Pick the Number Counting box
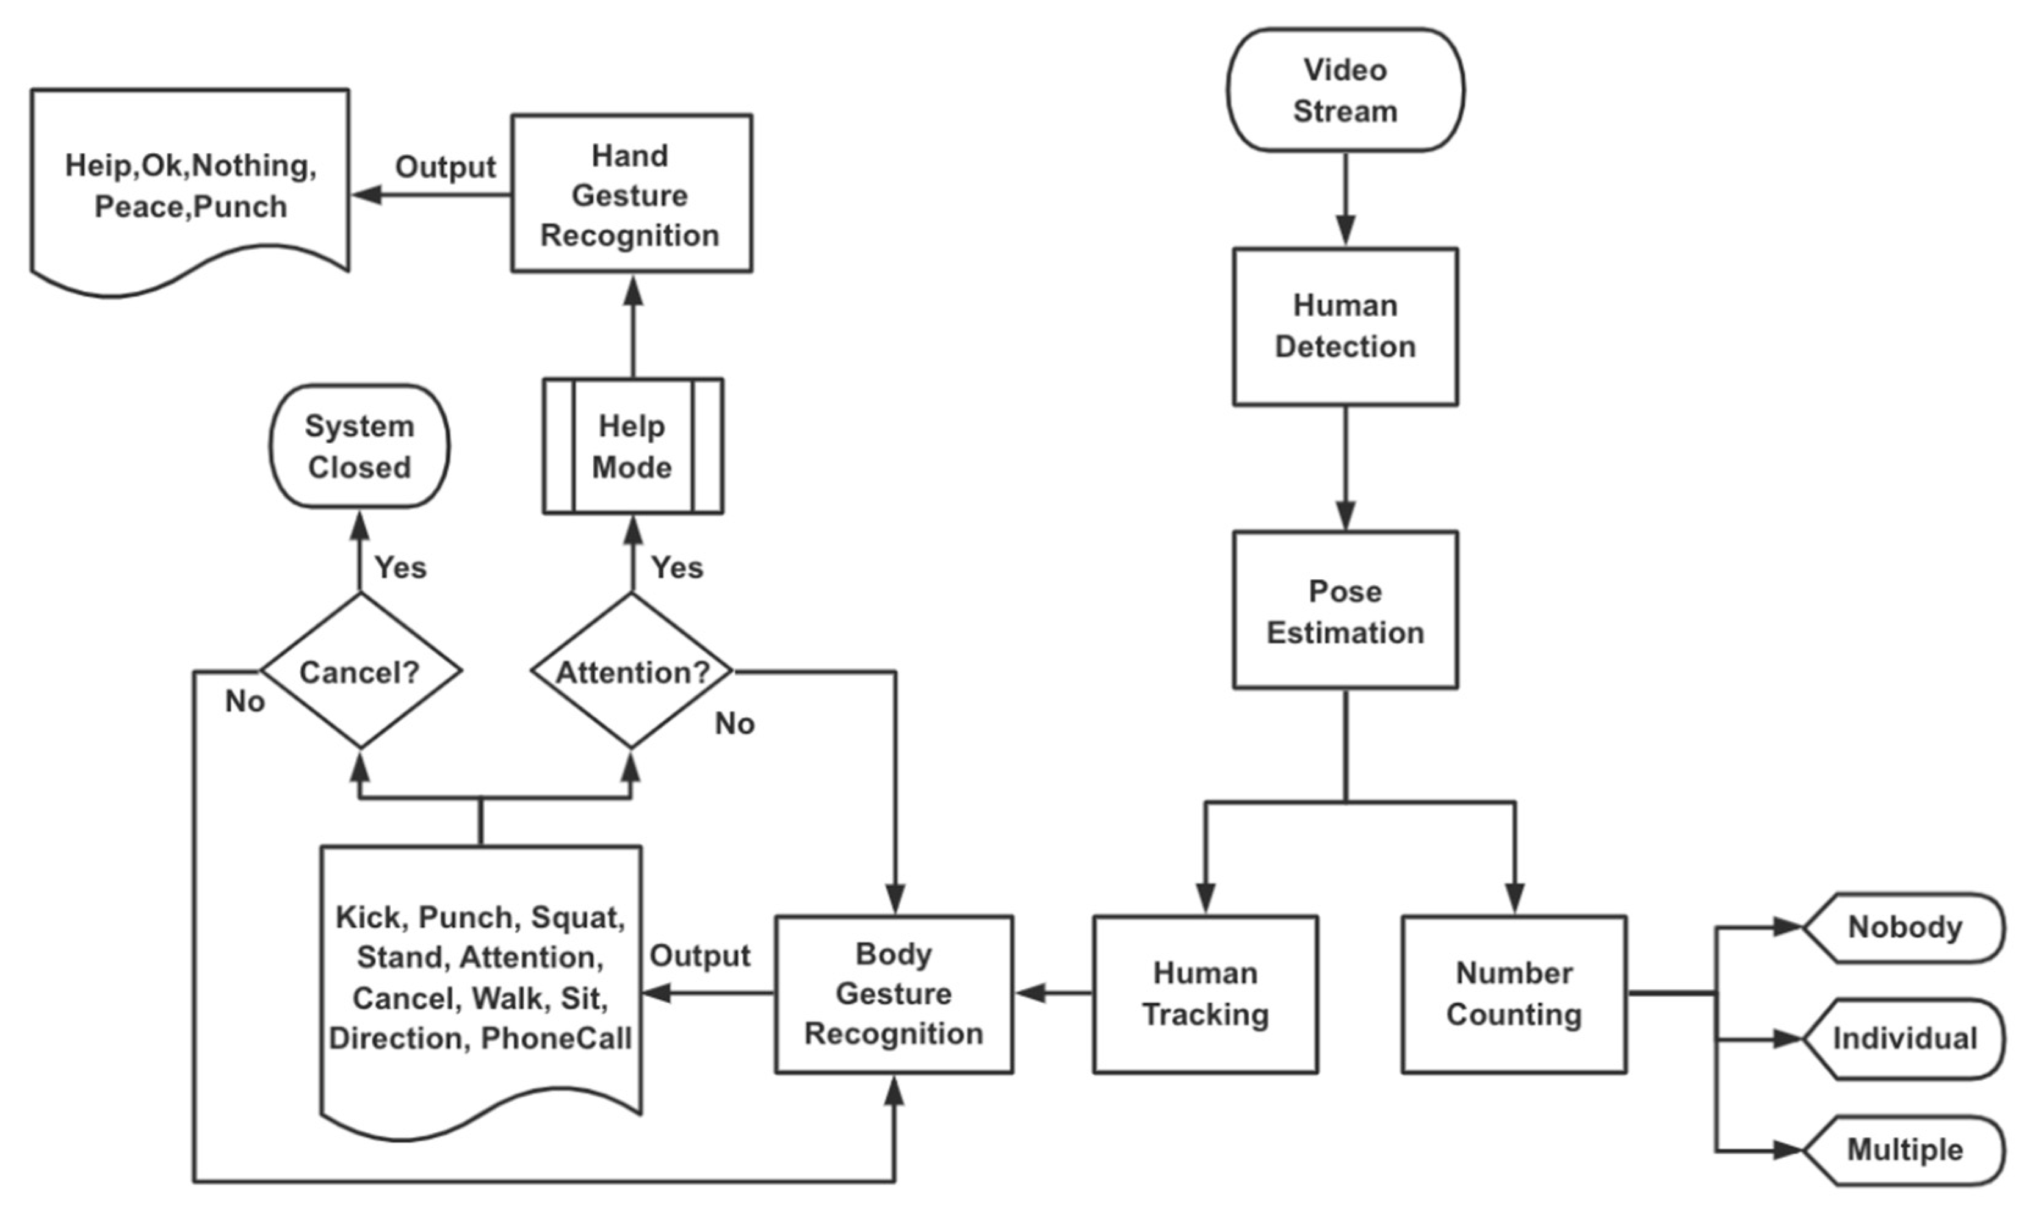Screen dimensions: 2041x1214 point(1514,994)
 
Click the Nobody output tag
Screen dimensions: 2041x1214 point(1904,928)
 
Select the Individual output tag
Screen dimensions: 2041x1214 point(1904,1039)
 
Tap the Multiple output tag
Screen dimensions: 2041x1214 point(1904,1150)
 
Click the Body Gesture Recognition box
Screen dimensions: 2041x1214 point(894,994)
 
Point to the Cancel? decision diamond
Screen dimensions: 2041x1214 point(360,671)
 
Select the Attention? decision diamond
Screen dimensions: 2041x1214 point(632,671)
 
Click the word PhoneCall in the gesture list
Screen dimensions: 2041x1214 point(556,1039)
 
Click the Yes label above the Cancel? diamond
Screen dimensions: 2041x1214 point(400,567)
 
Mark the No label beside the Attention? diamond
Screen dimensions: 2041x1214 point(735,723)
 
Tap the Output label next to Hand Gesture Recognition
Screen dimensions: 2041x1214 point(446,167)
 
